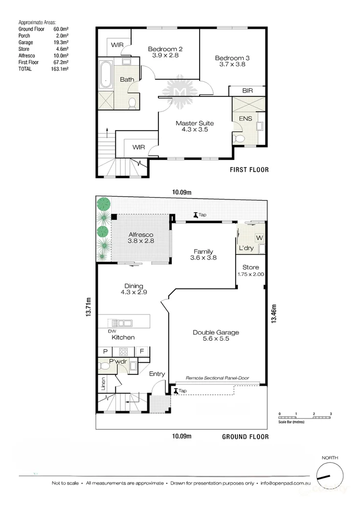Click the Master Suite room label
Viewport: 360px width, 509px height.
pos(195,123)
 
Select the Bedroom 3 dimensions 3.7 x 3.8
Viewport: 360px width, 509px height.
pos(233,65)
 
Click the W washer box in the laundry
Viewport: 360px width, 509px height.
pos(259,238)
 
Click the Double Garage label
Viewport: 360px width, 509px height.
pos(216,332)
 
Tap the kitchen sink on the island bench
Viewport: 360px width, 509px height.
pos(120,323)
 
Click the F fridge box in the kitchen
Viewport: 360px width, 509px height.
pos(142,351)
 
